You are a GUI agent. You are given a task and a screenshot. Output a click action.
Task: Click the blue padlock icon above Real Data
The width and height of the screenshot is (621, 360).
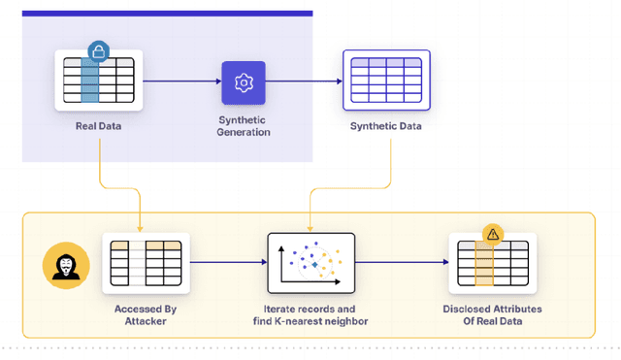point(97,51)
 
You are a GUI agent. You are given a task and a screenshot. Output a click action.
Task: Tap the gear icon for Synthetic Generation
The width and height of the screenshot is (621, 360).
point(243,82)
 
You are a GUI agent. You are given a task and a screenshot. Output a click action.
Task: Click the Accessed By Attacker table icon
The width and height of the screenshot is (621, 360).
point(146,263)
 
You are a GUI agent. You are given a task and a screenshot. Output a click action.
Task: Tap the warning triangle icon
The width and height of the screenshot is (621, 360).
point(492,235)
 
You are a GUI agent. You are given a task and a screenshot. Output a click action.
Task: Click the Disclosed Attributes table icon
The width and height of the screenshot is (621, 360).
point(492,264)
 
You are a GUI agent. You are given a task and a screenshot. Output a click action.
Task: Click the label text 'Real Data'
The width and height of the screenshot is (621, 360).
point(98,126)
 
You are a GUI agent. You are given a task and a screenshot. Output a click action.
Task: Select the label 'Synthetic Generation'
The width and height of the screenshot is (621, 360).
point(243,126)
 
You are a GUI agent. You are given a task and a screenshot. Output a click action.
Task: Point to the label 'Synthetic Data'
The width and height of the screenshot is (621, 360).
point(387,126)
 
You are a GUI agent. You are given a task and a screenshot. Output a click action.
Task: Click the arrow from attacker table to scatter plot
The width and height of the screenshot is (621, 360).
point(227,263)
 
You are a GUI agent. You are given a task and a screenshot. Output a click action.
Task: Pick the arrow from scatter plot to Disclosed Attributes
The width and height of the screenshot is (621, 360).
point(399,263)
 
